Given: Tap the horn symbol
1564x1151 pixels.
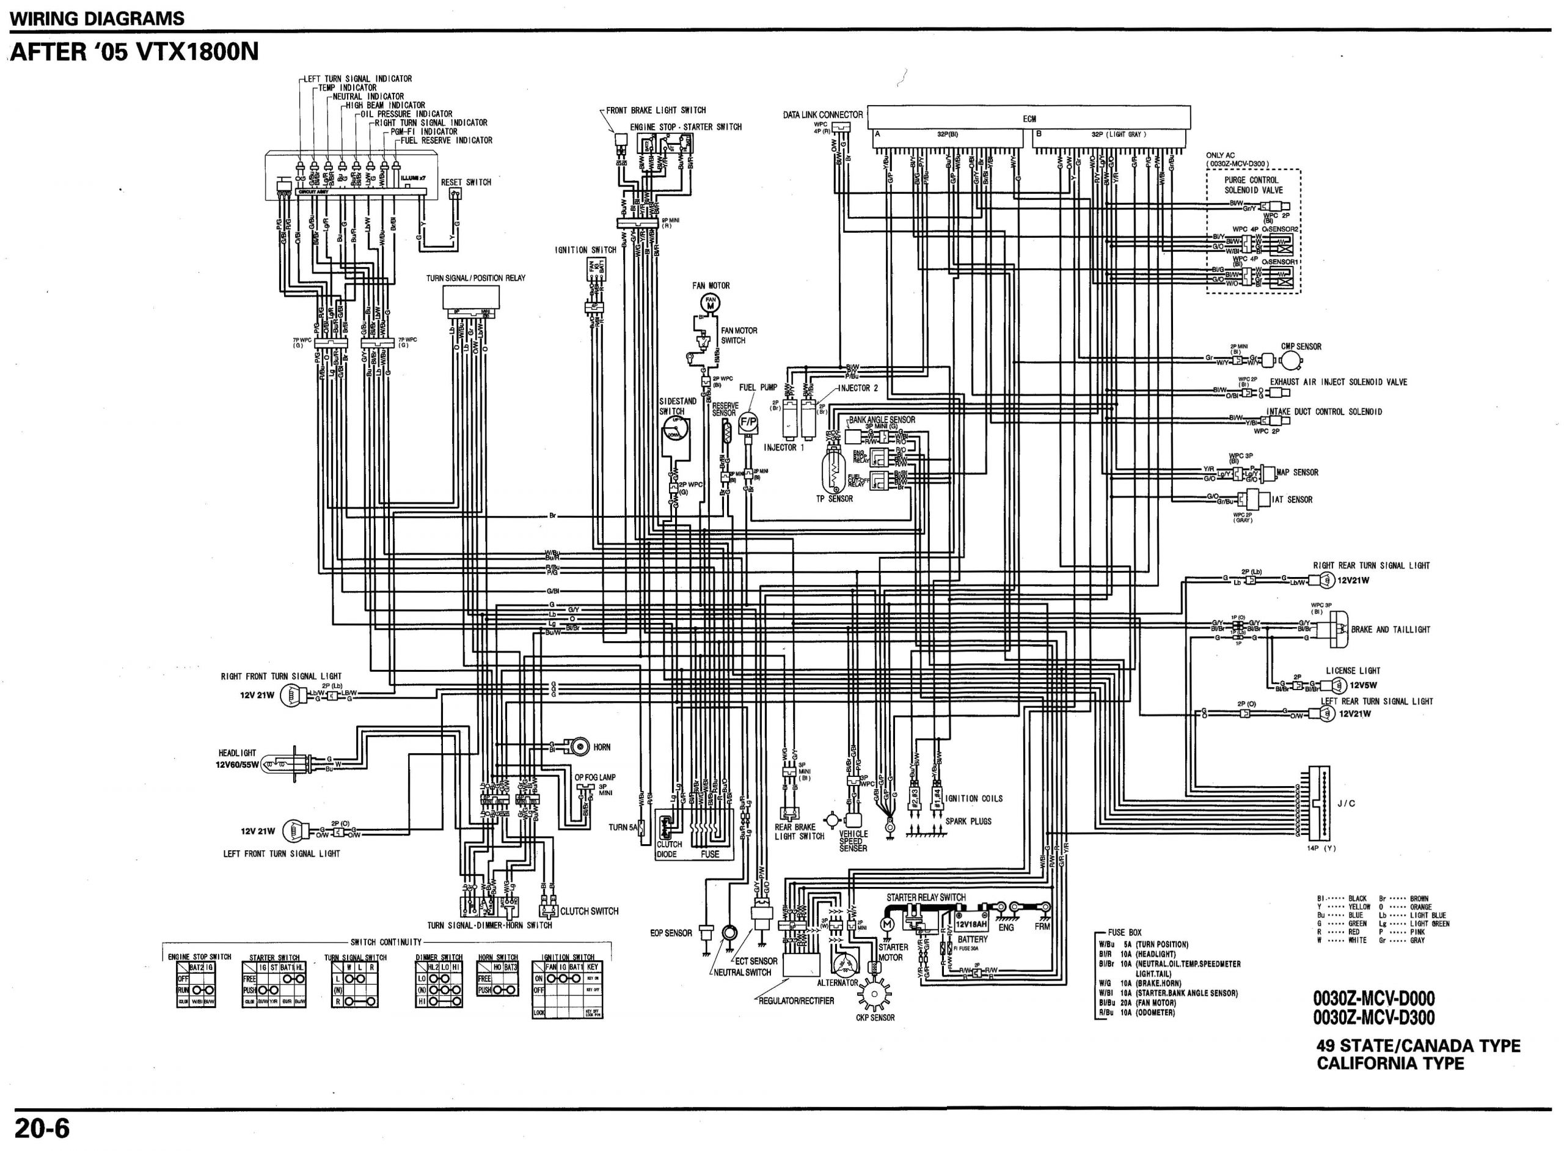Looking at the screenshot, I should pyautogui.click(x=577, y=747).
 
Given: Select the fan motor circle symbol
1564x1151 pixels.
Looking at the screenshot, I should pyautogui.click(x=711, y=303).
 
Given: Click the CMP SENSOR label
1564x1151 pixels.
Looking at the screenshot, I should pyautogui.click(x=1301, y=346).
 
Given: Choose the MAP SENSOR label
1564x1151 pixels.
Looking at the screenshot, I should pyautogui.click(x=1297, y=473).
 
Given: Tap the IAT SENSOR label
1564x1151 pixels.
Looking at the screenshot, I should pyautogui.click(x=1292, y=499).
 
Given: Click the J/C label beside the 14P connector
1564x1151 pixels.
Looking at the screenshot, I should pyautogui.click(x=1346, y=803).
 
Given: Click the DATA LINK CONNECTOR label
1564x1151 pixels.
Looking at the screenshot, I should pyautogui.click(x=822, y=115).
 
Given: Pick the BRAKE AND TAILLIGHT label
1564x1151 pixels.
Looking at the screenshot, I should pyautogui.click(x=1390, y=629).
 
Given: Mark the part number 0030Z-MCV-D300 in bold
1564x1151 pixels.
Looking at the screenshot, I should pyautogui.click(x=1374, y=1018).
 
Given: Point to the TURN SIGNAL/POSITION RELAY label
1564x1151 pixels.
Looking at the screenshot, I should pyautogui.click(x=475, y=278).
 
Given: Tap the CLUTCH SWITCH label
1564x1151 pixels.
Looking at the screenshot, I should pyautogui.click(x=589, y=911).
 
